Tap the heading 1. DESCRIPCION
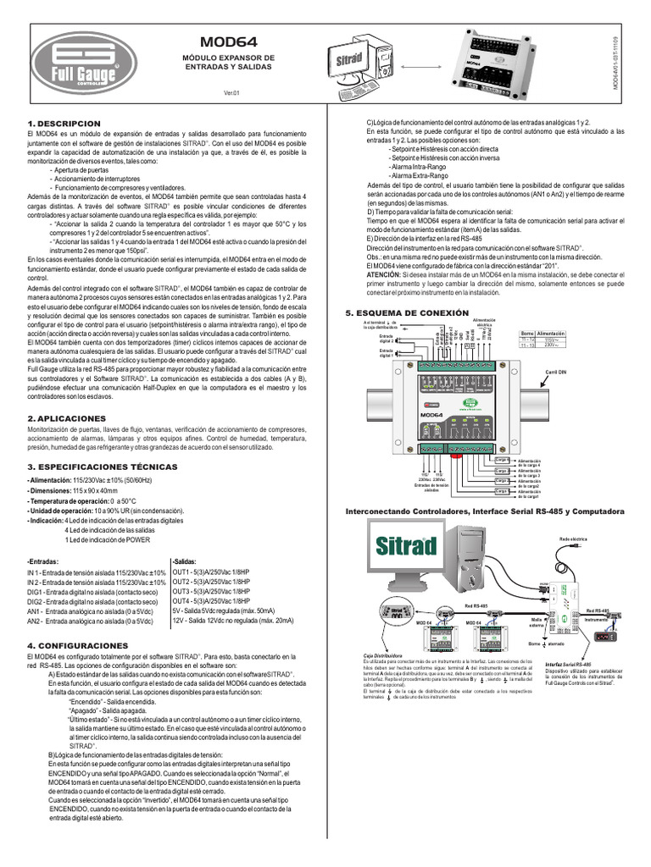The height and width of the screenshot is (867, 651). pyautogui.click(x=64, y=124)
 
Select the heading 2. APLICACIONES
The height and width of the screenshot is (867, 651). pyautogui.click(x=67, y=418)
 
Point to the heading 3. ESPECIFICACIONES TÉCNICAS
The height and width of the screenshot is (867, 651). pyautogui.click(x=96, y=467)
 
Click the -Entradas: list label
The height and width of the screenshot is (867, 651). pyautogui.click(x=44, y=561)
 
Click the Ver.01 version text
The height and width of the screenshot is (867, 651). pyautogui.click(x=232, y=92)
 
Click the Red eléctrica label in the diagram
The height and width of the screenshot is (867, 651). pyautogui.click(x=573, y=538)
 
